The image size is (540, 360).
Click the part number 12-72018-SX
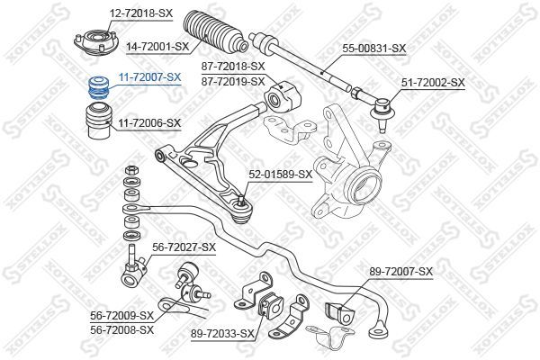[141, 13]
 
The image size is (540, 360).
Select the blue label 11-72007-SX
[149, 77]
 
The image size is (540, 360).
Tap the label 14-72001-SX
[157, 47]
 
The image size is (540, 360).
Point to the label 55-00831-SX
[373, 48]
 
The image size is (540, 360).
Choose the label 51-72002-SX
[433, 82]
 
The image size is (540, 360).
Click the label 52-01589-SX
[280, 175]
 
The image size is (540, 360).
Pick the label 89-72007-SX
[400, 272]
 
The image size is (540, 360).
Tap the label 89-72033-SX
[222, 334]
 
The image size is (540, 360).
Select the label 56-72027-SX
[184, 247]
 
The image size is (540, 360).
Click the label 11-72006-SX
[149, 122]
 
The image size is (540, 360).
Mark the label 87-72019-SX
[233, 82]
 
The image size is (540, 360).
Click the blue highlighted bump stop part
[99, 87]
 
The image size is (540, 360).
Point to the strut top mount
[96, 42]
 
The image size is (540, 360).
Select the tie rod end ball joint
[382, 110]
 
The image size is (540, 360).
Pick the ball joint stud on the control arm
[241, 200]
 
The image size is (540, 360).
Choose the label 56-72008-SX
[121, 329]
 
